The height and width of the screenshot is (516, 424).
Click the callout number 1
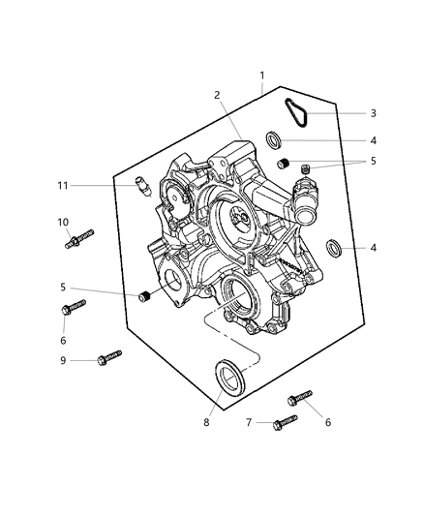pos(261,76)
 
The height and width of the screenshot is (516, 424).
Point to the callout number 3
pos(373,113)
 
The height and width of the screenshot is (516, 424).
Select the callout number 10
pos(63,222)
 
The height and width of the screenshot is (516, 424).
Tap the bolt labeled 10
pos(79,238)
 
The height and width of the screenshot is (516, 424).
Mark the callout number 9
pos(63,360)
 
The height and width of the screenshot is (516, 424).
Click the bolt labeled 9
pos(108,358)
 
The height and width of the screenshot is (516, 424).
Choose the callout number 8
pos(204,422)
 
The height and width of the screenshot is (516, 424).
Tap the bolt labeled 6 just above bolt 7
pos(298,397)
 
